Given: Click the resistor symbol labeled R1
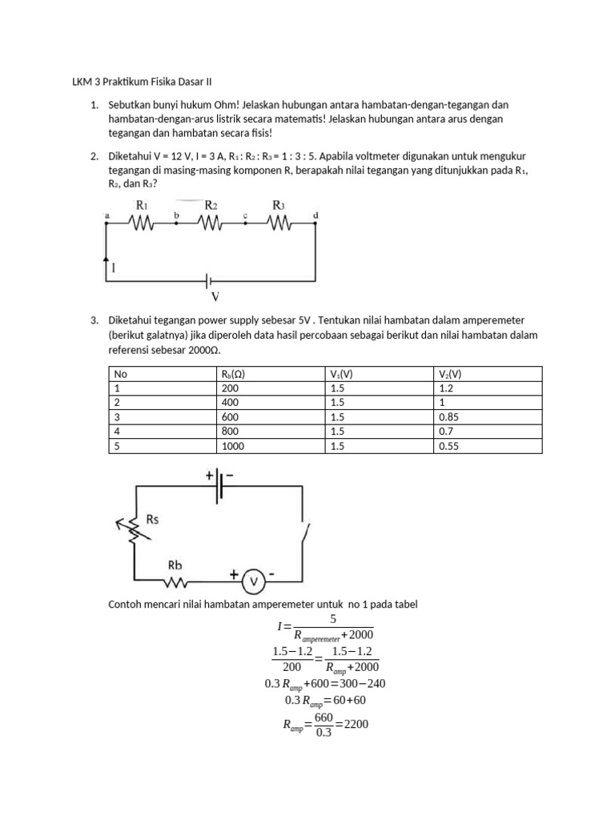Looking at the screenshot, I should (142, 224).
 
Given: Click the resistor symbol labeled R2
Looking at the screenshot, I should (211, 224).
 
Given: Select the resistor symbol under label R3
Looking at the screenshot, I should (279, 224).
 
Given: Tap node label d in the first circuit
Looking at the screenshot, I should (316, 215).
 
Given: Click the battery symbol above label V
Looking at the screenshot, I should (211, 281).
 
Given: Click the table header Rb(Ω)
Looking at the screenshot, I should (232, 374).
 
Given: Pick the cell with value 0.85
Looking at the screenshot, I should (450, 417).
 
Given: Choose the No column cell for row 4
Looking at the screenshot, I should (117, 432).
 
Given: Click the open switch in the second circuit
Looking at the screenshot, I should (303, 532).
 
